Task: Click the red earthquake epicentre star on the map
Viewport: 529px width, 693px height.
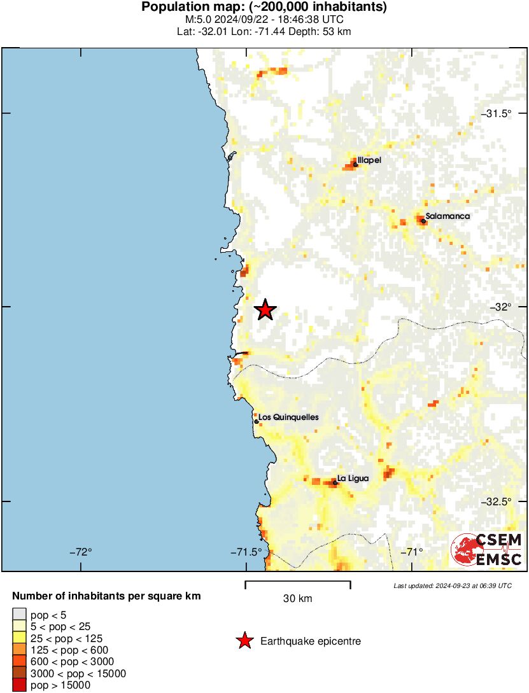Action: coord(265,310)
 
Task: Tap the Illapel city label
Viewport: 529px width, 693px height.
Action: coord(369,160)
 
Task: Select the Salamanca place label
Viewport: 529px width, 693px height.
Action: coord(448,216)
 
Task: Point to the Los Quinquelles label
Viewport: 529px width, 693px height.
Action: coord(288,417)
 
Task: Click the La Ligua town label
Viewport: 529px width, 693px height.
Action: coord(353,479)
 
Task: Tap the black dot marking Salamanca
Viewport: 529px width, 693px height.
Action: coord(423,221)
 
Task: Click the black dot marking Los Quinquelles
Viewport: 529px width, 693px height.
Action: coord(256,421)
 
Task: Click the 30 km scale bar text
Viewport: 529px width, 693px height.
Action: coord(297,599)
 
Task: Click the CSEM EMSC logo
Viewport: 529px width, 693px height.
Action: coord(487,550)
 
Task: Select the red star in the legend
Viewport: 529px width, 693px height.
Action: coord(244,641)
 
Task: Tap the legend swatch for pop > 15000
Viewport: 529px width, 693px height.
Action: coord(19,685)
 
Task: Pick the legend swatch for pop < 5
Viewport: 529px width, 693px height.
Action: coord(19,614)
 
